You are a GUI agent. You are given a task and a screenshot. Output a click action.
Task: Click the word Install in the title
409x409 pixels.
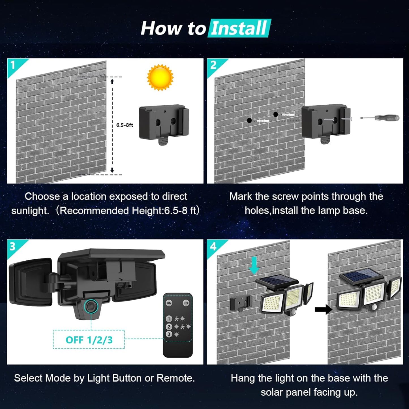coord(239,28)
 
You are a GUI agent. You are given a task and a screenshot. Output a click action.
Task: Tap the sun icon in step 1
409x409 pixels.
coord(160,77)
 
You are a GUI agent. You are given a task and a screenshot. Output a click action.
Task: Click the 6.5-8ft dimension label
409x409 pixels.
coord(125,125)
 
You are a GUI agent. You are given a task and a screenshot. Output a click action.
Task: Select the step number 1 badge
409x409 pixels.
coord(13,65)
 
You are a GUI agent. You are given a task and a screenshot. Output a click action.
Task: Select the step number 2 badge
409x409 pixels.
coord(213,65)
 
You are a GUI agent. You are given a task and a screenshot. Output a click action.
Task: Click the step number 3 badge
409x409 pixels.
coord(12,246)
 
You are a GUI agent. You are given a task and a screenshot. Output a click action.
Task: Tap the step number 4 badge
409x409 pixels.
coord(213,246)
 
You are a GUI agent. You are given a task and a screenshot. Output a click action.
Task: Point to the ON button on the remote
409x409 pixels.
coord(169,303)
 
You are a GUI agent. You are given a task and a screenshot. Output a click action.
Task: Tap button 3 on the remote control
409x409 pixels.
coord(169,334)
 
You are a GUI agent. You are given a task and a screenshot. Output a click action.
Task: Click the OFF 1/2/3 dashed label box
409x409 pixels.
coord(89,339)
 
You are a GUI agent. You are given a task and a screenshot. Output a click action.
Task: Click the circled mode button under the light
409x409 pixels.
coord(91,306)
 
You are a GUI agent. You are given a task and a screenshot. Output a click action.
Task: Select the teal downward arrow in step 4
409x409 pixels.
coord(254,265)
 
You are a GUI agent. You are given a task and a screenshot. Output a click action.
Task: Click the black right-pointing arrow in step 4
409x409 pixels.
coord(323,309)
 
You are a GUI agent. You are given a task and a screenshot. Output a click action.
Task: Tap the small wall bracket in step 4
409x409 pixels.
coord(240,303)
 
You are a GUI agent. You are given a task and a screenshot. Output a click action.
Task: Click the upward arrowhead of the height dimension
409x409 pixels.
coord(112,82)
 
